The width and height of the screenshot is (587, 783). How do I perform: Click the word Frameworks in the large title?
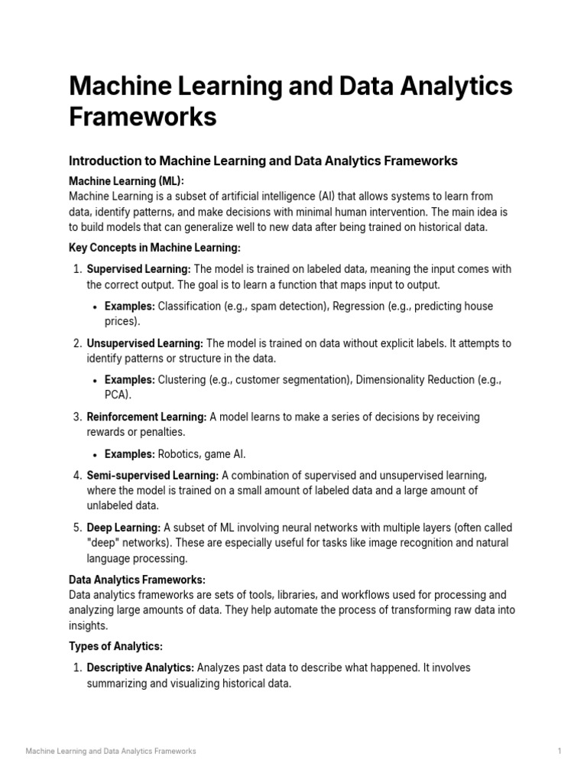(143, 117)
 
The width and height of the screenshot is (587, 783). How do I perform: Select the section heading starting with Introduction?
(263, 161)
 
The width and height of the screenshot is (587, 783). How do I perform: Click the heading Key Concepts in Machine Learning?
(154, 247)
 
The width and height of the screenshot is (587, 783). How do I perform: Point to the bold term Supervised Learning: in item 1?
(139, 269)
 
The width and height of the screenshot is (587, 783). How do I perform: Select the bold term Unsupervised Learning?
(145, 343)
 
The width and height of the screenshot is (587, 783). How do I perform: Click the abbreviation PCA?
(116, 395)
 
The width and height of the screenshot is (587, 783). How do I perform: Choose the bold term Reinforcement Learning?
(147, 417)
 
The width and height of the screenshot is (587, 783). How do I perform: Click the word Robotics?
(180, 453)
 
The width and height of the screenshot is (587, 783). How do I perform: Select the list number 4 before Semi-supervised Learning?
(76, 475)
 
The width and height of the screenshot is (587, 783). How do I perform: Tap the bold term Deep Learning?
(124, 528)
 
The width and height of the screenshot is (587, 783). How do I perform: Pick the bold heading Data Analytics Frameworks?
(137, 580)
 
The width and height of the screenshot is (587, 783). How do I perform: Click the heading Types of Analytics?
(115, 646)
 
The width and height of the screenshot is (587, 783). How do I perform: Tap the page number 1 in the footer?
(559, 751)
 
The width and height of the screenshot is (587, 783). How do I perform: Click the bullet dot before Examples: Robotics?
(94, 453)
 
